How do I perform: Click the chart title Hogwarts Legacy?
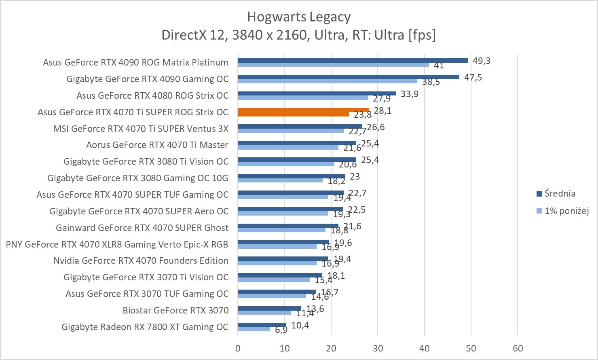point(298,17)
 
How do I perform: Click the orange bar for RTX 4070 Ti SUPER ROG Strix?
point(303,110)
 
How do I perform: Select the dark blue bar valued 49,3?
point(353,60)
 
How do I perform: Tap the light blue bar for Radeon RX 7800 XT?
point(254,329)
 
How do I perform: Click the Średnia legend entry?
point(560,193)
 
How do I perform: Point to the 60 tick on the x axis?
point(518,348)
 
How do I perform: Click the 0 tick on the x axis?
point(238,348)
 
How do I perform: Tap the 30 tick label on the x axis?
point(378,348)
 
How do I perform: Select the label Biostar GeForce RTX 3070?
point(175,310)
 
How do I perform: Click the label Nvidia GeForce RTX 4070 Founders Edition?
point(141,260)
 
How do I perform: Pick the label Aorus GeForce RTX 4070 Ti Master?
point(157,145)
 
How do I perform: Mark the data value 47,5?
point(473,77)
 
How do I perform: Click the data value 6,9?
point(281,330)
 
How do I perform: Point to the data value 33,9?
point(410,94)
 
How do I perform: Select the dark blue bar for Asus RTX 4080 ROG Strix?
point(317,93)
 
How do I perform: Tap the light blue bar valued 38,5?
point(328,81)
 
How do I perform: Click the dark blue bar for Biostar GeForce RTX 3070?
point(269,308)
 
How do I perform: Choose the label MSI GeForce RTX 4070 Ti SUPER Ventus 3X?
point(141,129)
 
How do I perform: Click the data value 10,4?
point(300,325)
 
